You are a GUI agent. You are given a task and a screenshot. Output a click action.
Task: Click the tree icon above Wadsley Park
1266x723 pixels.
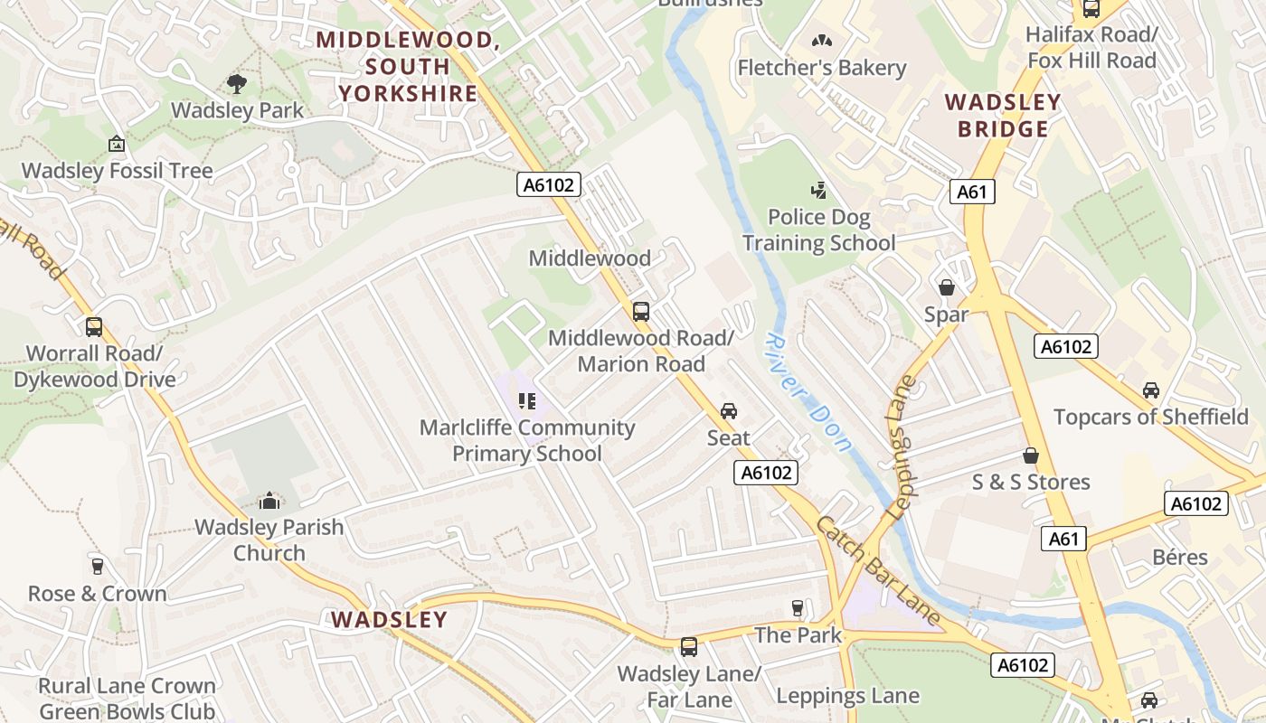[237, 84]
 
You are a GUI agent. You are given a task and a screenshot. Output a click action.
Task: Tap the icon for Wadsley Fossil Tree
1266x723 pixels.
[117, 144]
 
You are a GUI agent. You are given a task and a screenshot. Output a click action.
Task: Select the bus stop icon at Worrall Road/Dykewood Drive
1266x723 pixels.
[94, 327]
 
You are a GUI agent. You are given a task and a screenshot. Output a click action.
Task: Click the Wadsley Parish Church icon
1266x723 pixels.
[269, 501]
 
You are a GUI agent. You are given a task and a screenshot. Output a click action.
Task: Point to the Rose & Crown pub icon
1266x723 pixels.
[97, 567]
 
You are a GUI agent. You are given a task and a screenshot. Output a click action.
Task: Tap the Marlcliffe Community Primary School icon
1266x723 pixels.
[527, 400]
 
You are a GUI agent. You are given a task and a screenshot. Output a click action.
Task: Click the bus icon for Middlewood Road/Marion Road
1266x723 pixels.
[641, 312]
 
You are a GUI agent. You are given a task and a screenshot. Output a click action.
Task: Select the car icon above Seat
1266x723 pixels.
[728, 411]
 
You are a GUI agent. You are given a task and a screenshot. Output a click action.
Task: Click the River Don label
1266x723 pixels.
[808, 391]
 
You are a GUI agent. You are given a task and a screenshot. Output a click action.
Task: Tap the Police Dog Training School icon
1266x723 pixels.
[818, 191]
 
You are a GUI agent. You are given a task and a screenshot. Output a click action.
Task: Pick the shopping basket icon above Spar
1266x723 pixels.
[947, 287]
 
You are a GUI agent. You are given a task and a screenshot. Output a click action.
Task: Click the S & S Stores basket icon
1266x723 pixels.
[1031, 455]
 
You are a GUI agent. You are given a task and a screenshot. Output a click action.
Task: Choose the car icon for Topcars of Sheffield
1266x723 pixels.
[1150, 390]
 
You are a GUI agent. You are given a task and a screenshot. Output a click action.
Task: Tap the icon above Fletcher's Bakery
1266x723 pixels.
[821, 41]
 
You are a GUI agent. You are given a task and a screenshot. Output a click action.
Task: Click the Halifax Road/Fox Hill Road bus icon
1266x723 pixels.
[1091, 9]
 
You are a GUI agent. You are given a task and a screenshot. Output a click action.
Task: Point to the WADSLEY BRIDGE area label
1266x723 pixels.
[1002, 116]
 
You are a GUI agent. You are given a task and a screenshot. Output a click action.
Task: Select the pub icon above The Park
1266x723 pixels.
[797, 608]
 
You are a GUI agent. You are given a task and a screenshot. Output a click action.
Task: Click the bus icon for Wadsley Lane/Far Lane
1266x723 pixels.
[689, 647]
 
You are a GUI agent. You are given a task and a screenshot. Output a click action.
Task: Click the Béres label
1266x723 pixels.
[1180, 557]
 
